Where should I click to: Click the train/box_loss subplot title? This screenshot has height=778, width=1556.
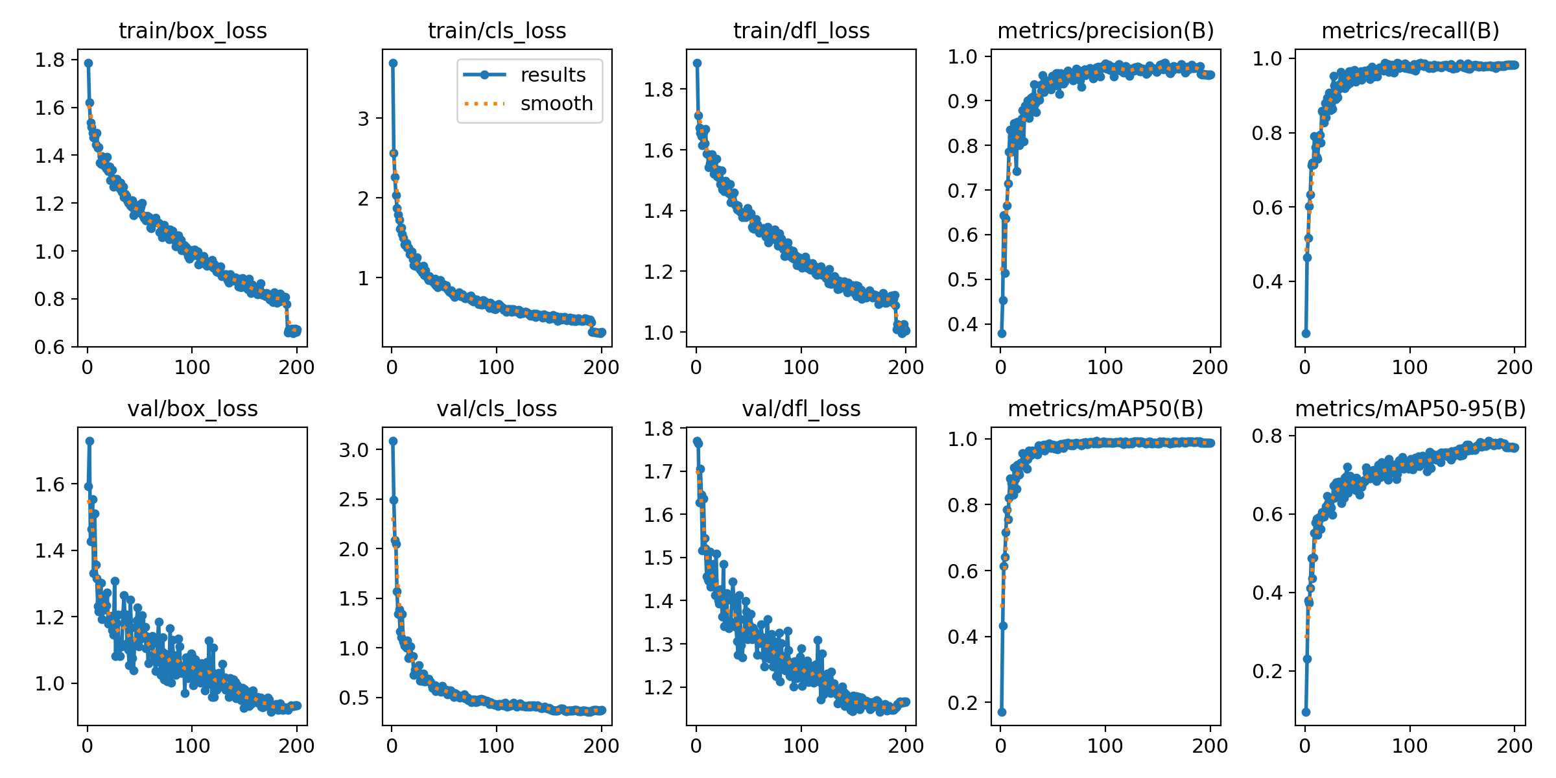[193, 30]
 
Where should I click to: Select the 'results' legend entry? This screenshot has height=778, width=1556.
[552, 75]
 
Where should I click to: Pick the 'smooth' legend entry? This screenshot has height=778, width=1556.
[556, 104]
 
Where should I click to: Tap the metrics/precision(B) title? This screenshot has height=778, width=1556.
[1105, 30]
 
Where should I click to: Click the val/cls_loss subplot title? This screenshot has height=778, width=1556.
[497, 408]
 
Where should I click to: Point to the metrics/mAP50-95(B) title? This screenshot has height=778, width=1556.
[1410, 408]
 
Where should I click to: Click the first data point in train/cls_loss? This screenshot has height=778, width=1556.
[393, 63]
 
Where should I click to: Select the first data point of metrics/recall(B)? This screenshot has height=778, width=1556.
[1306, 333]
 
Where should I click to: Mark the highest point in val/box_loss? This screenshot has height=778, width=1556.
[90, 441]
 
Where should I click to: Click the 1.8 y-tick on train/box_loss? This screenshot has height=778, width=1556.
[50, 60]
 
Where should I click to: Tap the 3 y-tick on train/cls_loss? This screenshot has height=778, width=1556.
[363, 119]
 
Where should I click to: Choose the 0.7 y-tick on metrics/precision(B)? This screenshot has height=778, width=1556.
[962, 191]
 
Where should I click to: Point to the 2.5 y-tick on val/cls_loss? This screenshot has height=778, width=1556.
[353, 499]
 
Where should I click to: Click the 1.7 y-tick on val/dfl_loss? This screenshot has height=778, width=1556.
[659, 471]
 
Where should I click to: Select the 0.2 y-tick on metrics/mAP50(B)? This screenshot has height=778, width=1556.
[962, 703]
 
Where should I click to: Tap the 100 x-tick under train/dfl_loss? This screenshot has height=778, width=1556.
[801, 368]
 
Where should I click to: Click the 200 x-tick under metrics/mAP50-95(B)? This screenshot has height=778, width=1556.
[1515, 746]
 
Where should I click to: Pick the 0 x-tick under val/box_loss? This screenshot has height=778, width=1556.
[88, 746]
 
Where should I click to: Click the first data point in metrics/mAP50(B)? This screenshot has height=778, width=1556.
[1002, 712]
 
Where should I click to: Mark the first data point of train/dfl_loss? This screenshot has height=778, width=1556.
[697, 63]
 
